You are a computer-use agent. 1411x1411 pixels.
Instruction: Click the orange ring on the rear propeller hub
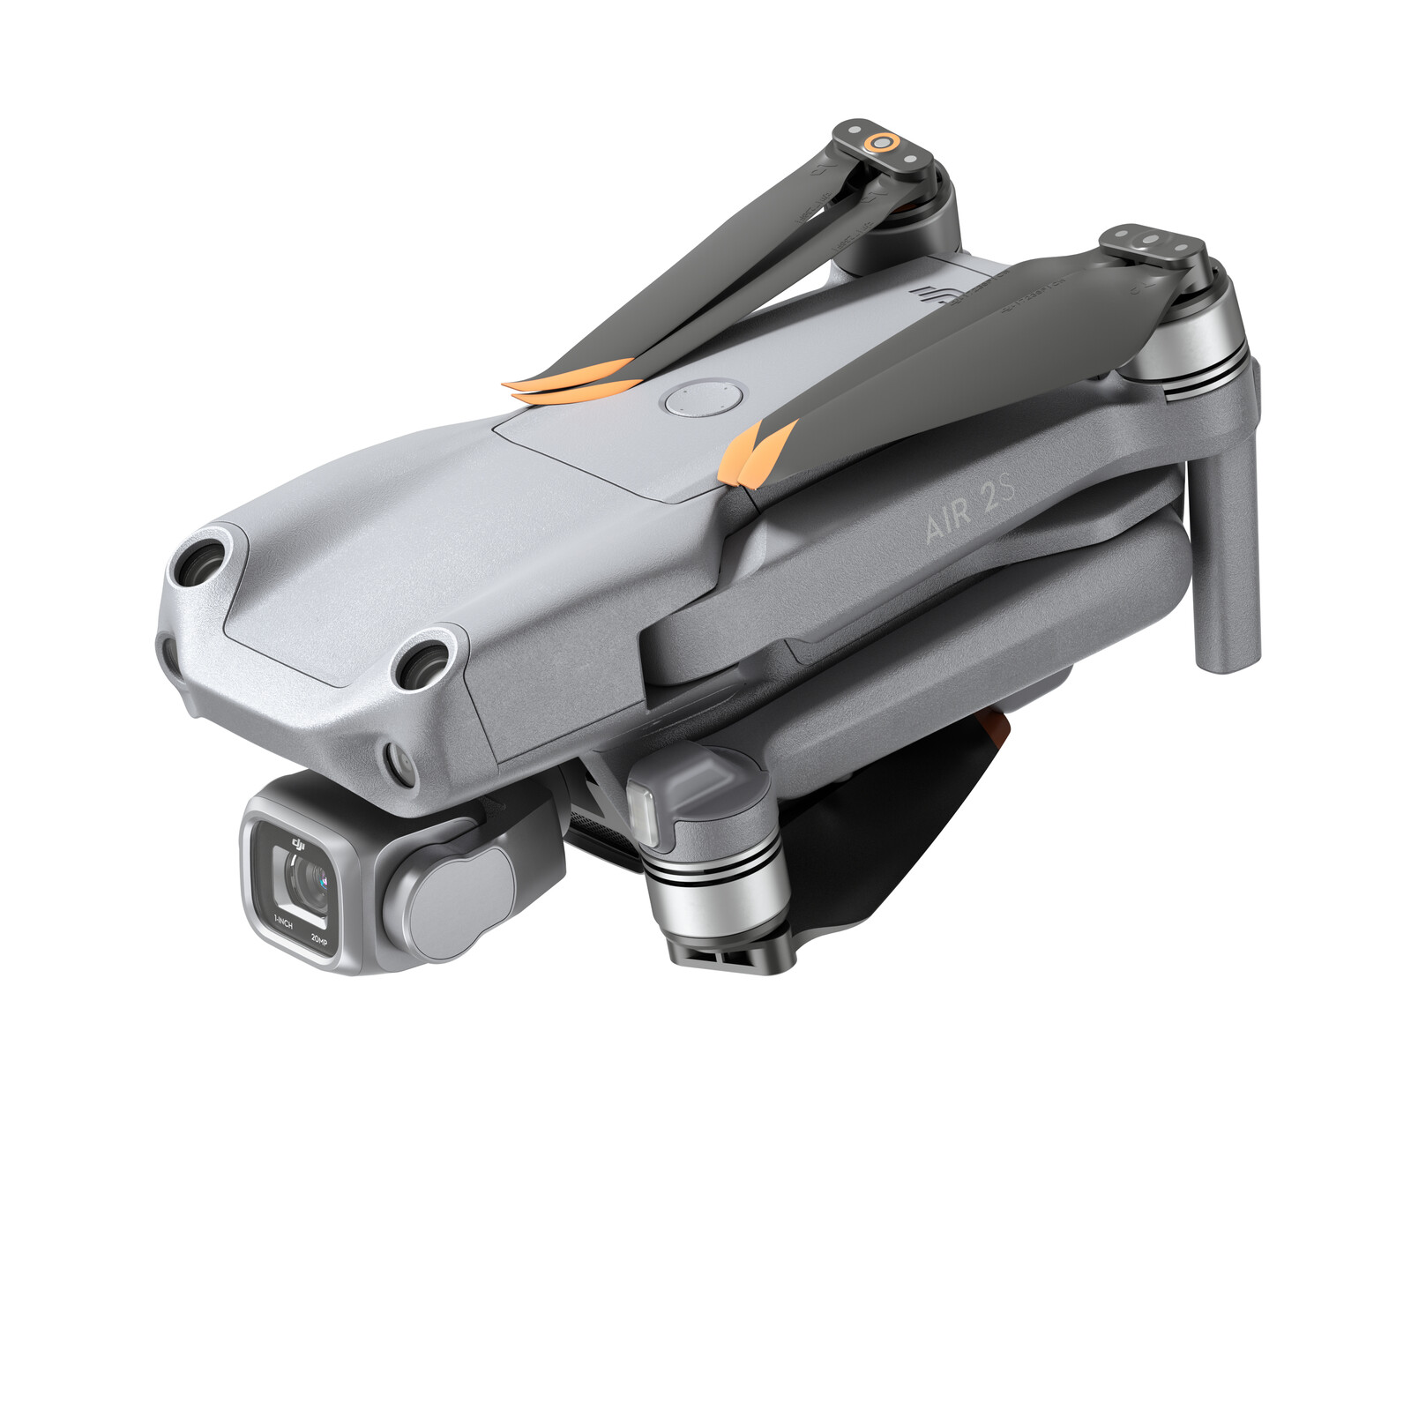880,142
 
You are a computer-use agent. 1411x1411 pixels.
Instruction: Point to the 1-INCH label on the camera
283,923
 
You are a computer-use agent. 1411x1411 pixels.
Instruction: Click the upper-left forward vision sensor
201,561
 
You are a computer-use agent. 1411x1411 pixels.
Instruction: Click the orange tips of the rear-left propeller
573,379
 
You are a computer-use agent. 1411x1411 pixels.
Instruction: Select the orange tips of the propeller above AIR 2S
757,452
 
